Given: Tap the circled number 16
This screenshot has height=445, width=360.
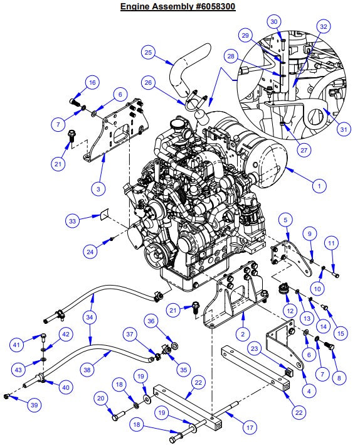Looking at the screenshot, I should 92,82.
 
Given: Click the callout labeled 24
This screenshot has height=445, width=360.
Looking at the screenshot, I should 91,252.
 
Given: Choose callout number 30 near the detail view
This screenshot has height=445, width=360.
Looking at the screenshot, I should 273,21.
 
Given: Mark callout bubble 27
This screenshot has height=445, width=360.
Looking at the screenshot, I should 286,150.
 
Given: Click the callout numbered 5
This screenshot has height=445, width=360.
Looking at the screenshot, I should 285,220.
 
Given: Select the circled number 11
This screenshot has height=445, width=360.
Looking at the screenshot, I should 332,241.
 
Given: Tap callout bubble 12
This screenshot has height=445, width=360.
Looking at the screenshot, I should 289,310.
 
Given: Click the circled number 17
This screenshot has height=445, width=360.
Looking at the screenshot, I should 250,428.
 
